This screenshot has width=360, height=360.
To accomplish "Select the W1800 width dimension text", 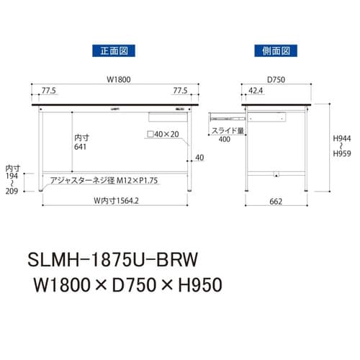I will click(113, 80).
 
